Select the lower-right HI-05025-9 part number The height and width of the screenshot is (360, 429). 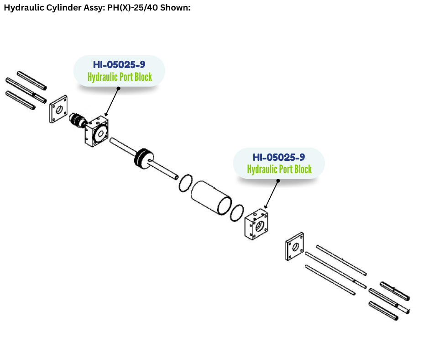[x=278, y=157]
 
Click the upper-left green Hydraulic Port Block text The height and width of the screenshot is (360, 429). [x=120, y=77]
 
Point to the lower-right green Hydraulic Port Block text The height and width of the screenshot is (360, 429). [x=279, y=169]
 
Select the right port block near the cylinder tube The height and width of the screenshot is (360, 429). [x=256, y=224]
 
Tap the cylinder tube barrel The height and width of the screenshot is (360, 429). [x=211, y=196]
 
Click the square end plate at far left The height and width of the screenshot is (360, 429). [x=58, y=109]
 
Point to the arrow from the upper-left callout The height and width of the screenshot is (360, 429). [x=111, y=102]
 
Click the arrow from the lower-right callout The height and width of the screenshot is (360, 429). [x=271, y=194]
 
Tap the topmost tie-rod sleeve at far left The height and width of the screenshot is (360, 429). [x=31, y=80]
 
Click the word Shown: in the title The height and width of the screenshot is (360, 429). [x=174, y=9]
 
